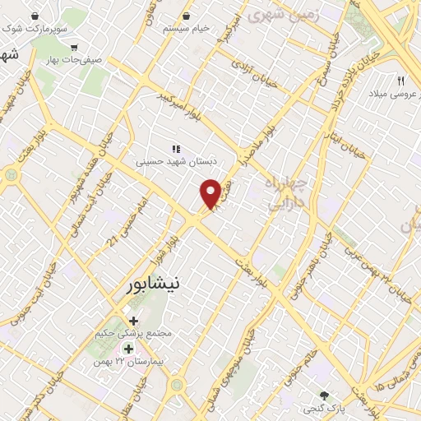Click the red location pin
pos(210,193)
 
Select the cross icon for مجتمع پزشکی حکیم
pos(133,320)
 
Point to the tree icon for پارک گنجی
pos(326,395)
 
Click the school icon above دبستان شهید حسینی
pos(175,149)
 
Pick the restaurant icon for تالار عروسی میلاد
pos(401,81)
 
